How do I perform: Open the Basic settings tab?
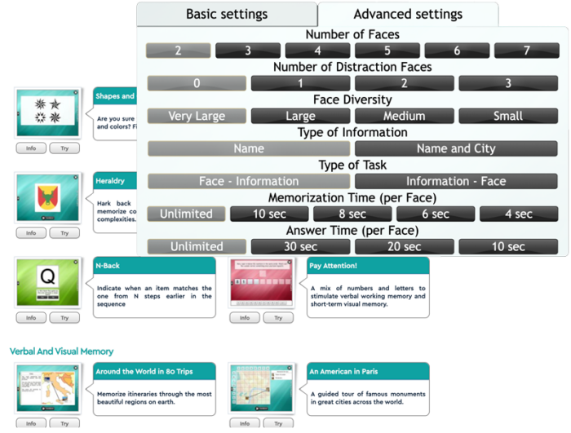[x=227, y=15]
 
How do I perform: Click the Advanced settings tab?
[x=408, y=15]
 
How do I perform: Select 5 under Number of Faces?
[x=387, y=51]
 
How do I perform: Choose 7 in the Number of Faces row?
[x=527, y=51]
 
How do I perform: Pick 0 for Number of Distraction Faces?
[x=197, y=83]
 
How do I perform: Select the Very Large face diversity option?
[x=197, y=116]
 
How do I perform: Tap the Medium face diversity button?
[x=405, y=116]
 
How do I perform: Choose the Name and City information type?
[x=455, y=148]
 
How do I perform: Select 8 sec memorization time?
[x=352, y=214]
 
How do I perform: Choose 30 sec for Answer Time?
[x=301, y=246]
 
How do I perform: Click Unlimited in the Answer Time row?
[x=197, y=246]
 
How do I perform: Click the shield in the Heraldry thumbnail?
[x=47, y=197]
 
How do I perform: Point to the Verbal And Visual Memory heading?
[x=62, y=351]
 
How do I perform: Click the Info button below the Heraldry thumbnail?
[x=31, y=233]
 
